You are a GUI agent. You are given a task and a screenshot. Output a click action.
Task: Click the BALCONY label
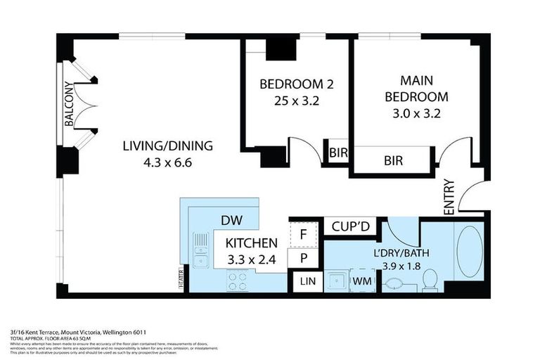click(69, 105)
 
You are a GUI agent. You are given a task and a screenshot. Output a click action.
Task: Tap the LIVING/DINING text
click(167, 146)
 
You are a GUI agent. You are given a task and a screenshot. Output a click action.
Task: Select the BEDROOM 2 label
click(296, 84)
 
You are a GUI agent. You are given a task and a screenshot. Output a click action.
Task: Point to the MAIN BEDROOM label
click(413, 89)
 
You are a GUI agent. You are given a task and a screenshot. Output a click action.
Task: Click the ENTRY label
click(449, 198)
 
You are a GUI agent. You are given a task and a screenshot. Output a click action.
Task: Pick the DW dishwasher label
click(232, 220)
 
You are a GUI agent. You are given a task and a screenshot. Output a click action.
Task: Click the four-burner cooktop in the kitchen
click(236, 281)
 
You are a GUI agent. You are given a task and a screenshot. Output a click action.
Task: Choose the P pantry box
click(302, 257)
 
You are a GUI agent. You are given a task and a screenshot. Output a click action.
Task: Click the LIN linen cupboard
click(307, 281)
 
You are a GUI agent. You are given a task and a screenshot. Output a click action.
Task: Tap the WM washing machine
click(363, 281)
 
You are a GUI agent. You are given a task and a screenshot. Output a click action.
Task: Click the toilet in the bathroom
click(430, 281)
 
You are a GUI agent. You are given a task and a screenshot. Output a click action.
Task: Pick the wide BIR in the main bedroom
click(393, 160)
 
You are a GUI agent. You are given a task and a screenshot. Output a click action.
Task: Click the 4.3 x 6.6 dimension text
click(167, 163)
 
